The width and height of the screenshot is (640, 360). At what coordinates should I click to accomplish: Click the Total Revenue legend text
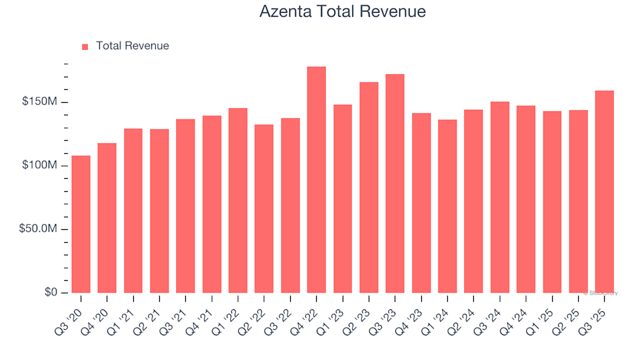132,46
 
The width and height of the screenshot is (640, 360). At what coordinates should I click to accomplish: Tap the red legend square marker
85,47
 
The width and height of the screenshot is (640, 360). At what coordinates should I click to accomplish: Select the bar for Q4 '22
316,180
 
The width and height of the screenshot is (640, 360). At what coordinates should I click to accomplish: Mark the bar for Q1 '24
447,206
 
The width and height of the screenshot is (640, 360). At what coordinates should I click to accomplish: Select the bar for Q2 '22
264,209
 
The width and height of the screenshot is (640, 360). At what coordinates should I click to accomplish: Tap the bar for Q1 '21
133,211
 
